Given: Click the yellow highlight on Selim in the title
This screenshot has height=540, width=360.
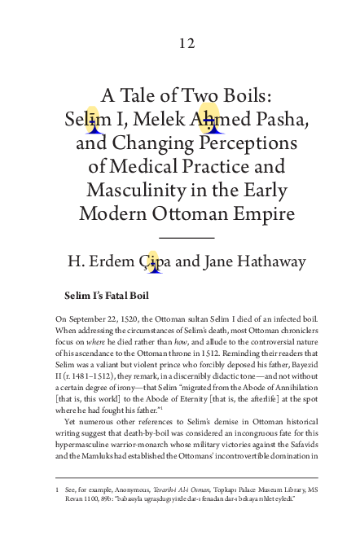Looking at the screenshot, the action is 94,119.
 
